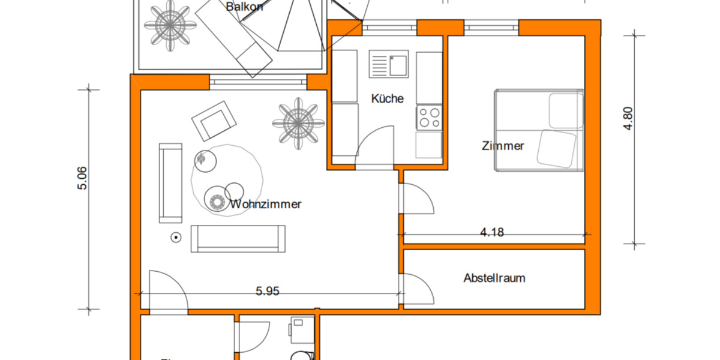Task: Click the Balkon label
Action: point(246,7)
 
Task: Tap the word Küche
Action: point(387,98)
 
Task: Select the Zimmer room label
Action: point(503,146)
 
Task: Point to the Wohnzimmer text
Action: point(265,204)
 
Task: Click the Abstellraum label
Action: point(494,278)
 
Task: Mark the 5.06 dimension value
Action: point(82,178)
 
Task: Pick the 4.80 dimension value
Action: point(628,119)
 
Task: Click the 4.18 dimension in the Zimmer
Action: point(492,233)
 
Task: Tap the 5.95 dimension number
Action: point(268,292)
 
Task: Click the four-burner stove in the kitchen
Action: point(428,116)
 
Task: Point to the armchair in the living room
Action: point(212,121)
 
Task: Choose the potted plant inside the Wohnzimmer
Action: point(298,123)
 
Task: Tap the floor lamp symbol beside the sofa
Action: point(176,238)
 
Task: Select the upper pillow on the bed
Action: point(566,110)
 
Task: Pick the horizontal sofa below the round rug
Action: point(238,238)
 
